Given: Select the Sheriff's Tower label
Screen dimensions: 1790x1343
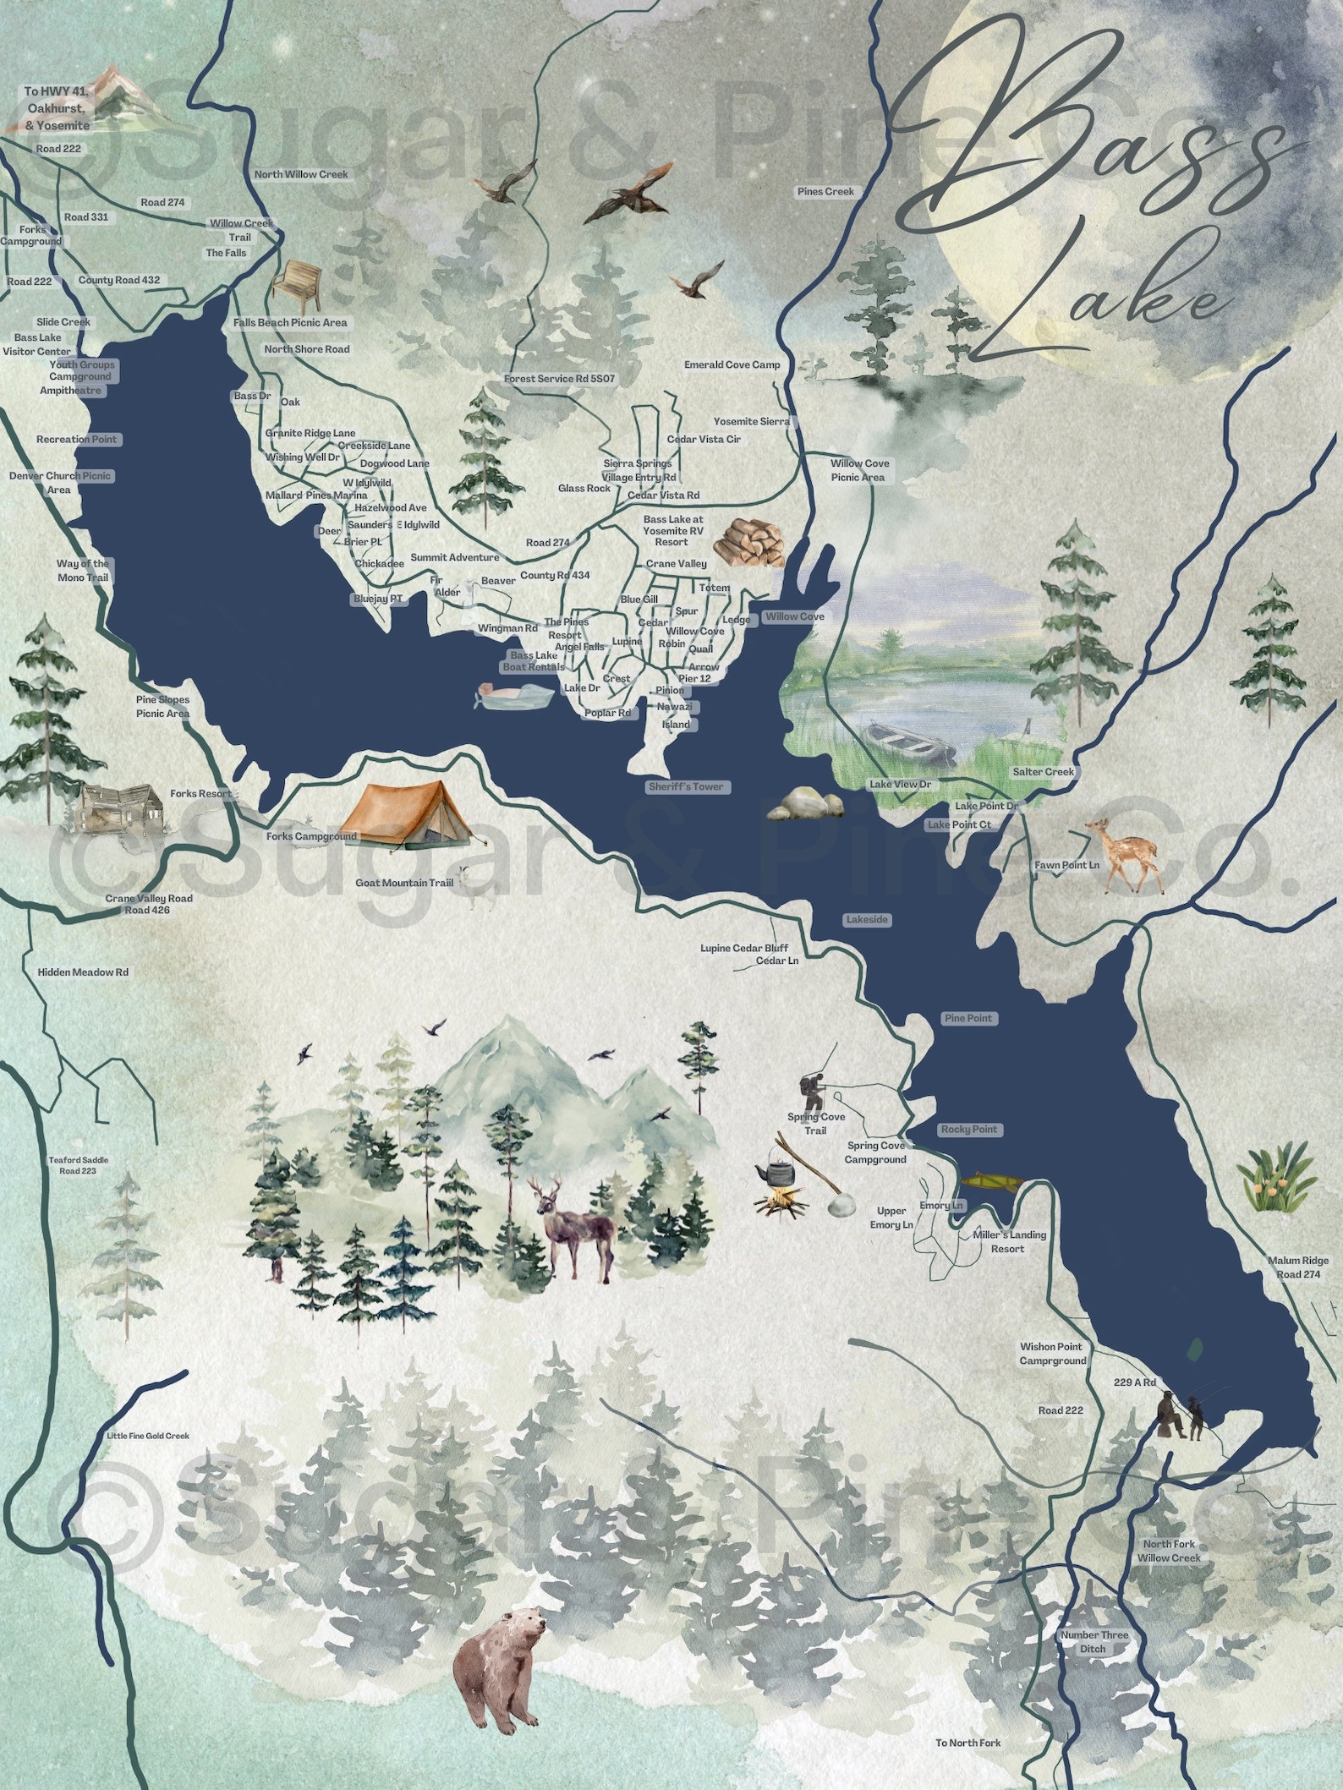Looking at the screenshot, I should (685, 786).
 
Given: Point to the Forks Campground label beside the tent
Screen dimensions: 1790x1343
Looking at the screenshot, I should (311, 836).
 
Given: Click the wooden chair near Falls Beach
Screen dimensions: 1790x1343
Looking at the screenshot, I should (297, 286).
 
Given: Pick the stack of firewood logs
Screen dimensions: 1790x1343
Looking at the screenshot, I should (749, 541).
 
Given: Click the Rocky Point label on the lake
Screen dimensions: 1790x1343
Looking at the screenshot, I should (969, 1129).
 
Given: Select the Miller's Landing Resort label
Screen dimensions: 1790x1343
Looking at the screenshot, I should (1008, 1241).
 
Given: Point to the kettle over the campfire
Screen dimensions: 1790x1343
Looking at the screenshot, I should (776, 1173).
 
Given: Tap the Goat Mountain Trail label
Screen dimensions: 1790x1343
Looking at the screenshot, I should (404, 883).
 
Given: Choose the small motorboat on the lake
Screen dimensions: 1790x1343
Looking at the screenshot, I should (513, 695).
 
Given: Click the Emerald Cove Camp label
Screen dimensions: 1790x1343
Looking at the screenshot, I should (732, 364).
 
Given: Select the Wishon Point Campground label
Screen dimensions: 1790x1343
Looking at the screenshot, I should (1051, 1354).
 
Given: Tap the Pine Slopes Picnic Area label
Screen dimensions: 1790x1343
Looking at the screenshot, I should (162, 707).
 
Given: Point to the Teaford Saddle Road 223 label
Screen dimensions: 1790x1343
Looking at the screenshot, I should (78, 1165).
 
